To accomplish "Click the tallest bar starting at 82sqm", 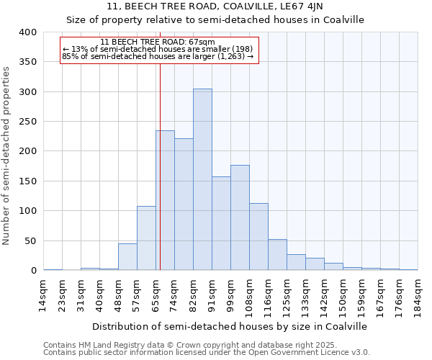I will (202, 179).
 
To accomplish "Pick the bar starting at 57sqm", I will (146, 238).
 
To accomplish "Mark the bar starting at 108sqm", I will (258, 237).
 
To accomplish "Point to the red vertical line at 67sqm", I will (160, 166).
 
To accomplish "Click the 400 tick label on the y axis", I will (27, 32).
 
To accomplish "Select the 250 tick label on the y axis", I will (27, 122).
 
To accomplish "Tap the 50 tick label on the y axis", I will (30, 240).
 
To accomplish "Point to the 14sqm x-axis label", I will (44, 294).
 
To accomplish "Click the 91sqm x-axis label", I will (212, 294).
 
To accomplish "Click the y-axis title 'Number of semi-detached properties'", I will (7, 155).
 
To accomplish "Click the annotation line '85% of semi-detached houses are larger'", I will (158, 55).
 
